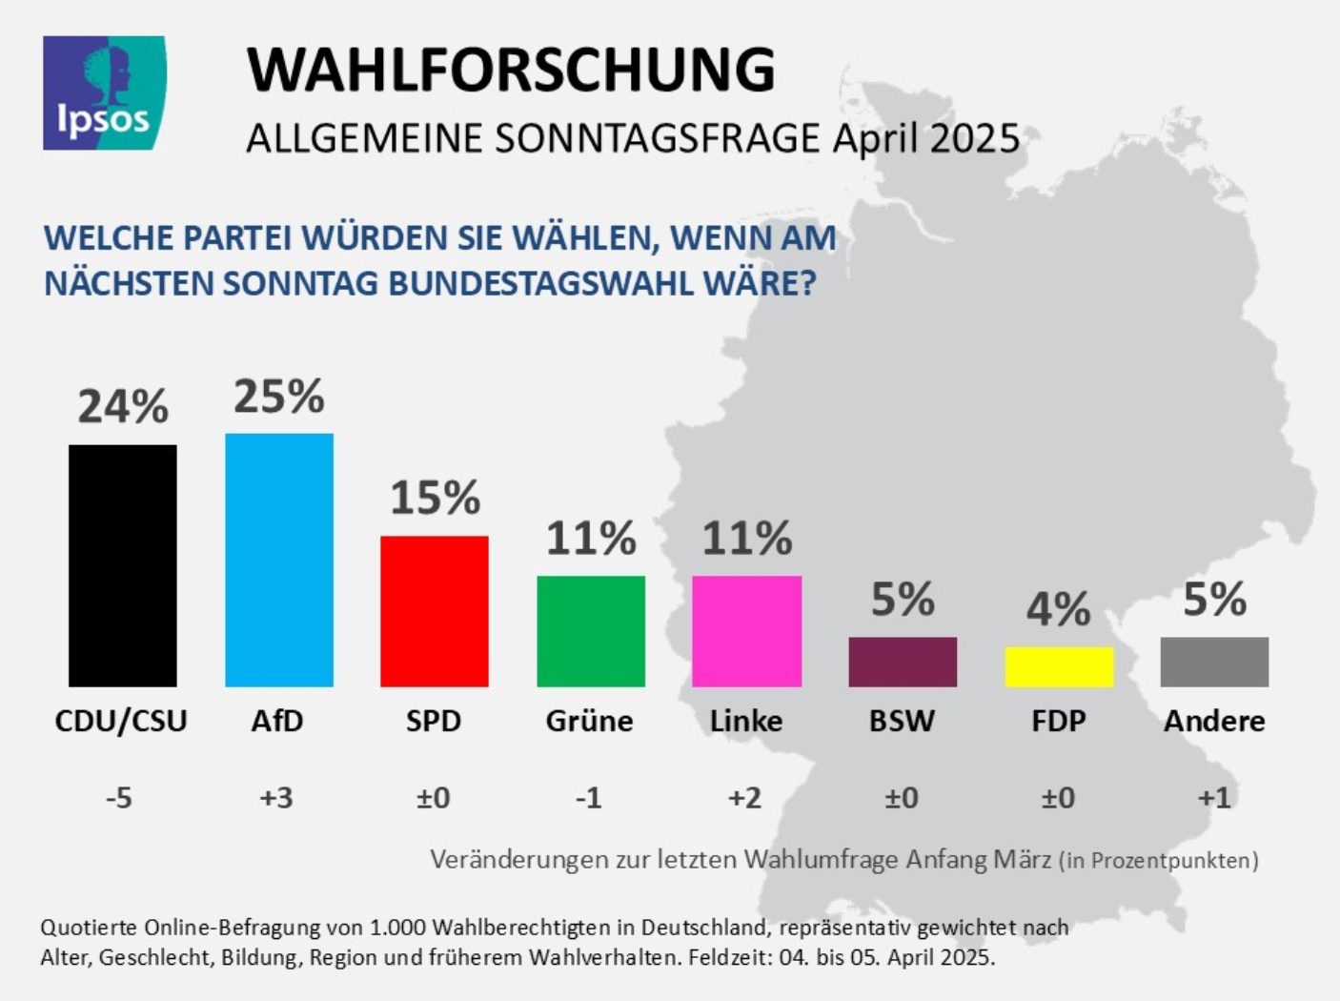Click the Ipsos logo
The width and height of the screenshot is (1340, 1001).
point(104,93)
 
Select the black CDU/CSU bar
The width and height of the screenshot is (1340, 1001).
point(123,565)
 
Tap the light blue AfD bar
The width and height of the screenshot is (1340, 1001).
point(279,560)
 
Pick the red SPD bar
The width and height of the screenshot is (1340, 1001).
point(435,611)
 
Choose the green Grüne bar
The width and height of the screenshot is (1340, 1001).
point(591,631)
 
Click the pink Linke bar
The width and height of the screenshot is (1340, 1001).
point(746,631)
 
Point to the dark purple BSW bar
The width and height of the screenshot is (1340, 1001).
point(903,662)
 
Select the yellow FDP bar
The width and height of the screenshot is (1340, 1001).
point(1059,666)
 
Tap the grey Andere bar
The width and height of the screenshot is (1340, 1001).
point(1214,662)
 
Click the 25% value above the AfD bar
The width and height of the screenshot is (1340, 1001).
point(279,397)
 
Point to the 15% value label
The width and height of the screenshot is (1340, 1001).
point(435,498)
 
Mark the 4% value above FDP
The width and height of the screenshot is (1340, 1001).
point(1058,609)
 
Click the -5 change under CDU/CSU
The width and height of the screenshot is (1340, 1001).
point(119,797)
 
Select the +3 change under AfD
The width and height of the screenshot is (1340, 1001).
point(276,797)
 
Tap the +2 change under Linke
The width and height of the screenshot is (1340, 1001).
point(745,797)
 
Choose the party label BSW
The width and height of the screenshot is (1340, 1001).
point(902,721)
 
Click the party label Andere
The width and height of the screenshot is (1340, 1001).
point(1214,721)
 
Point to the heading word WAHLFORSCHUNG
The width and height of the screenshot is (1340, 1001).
point(511,69)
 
